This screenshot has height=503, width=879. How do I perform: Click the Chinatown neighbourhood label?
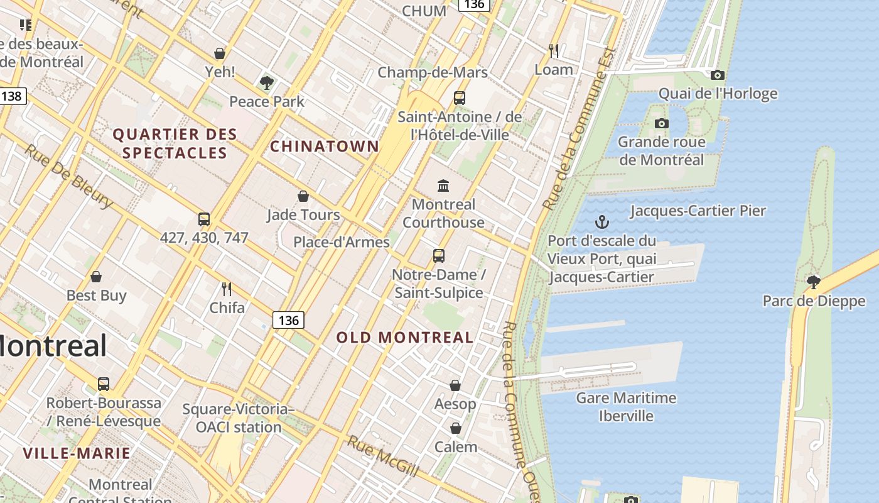[x=325, y=146]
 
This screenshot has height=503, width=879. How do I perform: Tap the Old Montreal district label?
[x=405, y=338]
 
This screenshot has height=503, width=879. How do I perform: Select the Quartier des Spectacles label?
[x=175, y=143]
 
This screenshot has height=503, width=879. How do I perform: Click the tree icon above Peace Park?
[x=267, y=82]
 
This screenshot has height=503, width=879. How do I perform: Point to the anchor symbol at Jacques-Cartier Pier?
[x=601, y=222]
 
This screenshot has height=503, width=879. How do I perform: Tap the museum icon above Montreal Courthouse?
[x=443, y=185]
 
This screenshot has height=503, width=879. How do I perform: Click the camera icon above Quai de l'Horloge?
[x=718, y=75]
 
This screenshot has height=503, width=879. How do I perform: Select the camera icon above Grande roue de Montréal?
[x=661, y=124]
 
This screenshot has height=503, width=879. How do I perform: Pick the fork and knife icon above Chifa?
[x=227, y=289]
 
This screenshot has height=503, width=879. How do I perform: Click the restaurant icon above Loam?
[x=553, y=50]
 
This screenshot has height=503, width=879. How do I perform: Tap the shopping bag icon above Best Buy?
[x=96, y=277]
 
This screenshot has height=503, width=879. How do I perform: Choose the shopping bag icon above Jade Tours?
[x=303, y=196]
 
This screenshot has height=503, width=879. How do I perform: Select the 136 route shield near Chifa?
[x=288, y=320]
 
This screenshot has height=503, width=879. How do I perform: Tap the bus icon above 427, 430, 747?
[x=204, y=219]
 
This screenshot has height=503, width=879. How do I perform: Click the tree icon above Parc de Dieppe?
[x=814, y=282]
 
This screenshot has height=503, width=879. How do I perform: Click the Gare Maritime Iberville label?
[x=626, y=407]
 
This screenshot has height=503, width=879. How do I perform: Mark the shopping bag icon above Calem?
[x=456, y=428]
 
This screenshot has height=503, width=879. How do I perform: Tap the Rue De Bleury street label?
[x=69, y=177]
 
